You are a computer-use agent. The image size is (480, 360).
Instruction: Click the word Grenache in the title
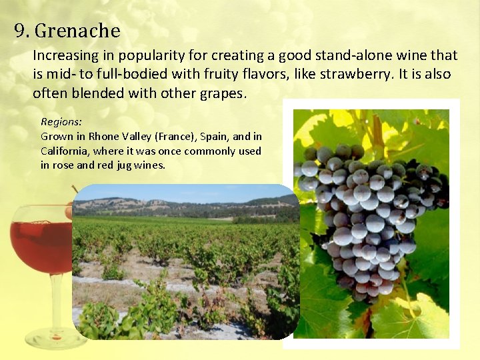[x=77, y=31]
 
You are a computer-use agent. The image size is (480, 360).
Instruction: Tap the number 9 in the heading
[x=19, y=31]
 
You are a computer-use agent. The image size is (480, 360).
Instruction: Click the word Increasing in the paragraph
[x=65, y=55]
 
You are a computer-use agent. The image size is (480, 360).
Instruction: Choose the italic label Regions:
[x=61, y=122]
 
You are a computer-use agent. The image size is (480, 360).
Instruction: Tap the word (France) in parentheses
[x=177, y=137]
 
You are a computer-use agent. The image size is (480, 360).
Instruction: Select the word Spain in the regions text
[x=219, y=137]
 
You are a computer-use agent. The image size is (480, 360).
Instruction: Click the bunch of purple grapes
[x=370, y=213]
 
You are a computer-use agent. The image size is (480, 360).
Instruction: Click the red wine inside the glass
[x=40, y=247]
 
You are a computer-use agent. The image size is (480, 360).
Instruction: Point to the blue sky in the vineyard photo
[x=187, y=193]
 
